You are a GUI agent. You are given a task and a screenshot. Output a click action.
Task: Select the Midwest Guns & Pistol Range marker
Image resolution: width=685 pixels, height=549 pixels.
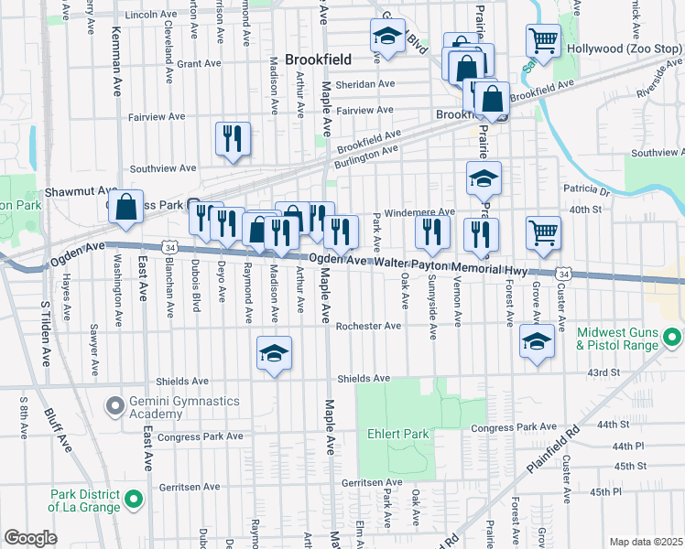click(x=674, y=339)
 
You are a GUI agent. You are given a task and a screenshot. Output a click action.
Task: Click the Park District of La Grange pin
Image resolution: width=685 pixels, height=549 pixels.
click(x=134, y=501)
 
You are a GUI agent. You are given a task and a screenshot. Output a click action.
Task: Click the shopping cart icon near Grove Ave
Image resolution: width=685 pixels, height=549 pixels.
click(x=543, y=232)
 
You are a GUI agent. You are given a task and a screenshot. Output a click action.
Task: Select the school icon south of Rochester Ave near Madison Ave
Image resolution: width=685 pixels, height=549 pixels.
click(x=274, y=353)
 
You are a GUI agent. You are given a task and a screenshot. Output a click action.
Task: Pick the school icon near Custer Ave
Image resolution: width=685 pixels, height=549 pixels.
click(x=537, y=342)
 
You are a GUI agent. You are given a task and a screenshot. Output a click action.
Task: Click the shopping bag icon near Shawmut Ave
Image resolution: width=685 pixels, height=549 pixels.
click(x=127, y=207)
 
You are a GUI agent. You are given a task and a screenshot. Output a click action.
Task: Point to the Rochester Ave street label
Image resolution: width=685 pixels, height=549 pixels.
click(x=369, y=326)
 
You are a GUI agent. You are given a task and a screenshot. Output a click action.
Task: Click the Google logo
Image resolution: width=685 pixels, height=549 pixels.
click(x=31, y=538)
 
